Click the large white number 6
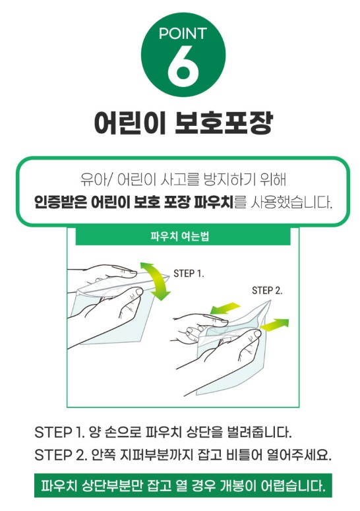point(183,65)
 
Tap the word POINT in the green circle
point(183,34)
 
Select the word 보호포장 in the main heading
point(223,123)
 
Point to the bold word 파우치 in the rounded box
point(214,202)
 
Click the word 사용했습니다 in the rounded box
point(291,202)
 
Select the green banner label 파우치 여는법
point(180,236)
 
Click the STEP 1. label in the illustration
point(189,274)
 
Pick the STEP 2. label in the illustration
point(267,290)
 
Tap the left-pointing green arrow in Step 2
point(225,308)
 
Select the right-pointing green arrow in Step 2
point(275,324)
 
